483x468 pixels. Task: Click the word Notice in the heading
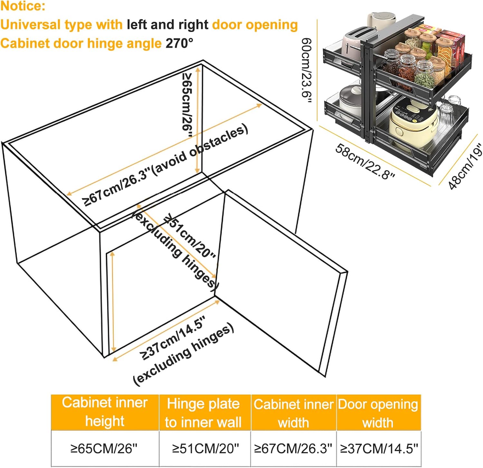click(x=23, y=6)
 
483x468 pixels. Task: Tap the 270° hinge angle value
click(x=179, y=43)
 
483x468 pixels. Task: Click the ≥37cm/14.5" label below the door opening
click(x=173, y=338)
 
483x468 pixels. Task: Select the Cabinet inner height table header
click(x=105, y=412)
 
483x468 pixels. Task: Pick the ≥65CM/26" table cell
click(x=104, y=448)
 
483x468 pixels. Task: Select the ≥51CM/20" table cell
click(x=205, y=448)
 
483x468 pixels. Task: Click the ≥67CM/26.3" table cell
click(x=293, y=448)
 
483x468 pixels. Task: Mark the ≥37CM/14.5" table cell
click(x=379, y=448)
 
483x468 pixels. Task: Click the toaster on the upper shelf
click(x=357, y=40)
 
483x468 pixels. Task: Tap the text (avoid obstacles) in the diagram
click(x=200, y=150)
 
